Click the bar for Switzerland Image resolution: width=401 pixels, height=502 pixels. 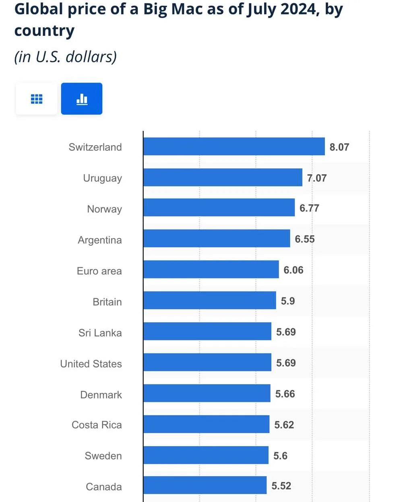click(234, 146)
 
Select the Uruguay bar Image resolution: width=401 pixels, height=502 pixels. click(223, 177)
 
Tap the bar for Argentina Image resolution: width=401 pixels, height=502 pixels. click(217, 239)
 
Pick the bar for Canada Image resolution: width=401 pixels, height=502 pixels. click(205, 485)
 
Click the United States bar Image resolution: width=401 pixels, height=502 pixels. click(207, 362)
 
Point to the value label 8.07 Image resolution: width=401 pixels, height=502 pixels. click(339, 147)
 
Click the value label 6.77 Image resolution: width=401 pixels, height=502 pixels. click(309, 208)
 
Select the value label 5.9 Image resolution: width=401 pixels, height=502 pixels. click(288, 301)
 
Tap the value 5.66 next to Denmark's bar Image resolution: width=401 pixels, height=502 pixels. click(285, 394)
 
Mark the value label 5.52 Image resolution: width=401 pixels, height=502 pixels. click(281, 486)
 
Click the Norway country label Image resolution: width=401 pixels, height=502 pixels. click(104, 209)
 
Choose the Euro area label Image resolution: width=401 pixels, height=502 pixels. click(99, 271)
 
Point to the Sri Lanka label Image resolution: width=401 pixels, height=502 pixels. click(100, 333)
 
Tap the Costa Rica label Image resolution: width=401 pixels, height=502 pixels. click(97, 425)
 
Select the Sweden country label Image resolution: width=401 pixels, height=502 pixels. click(103, 456)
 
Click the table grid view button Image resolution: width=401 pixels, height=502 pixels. click(37, 99)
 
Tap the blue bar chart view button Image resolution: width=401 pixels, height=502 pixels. click(82, 99)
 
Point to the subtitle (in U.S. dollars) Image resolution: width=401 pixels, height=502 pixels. click(66, 57)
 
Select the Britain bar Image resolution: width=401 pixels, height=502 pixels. click(210, 300)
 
